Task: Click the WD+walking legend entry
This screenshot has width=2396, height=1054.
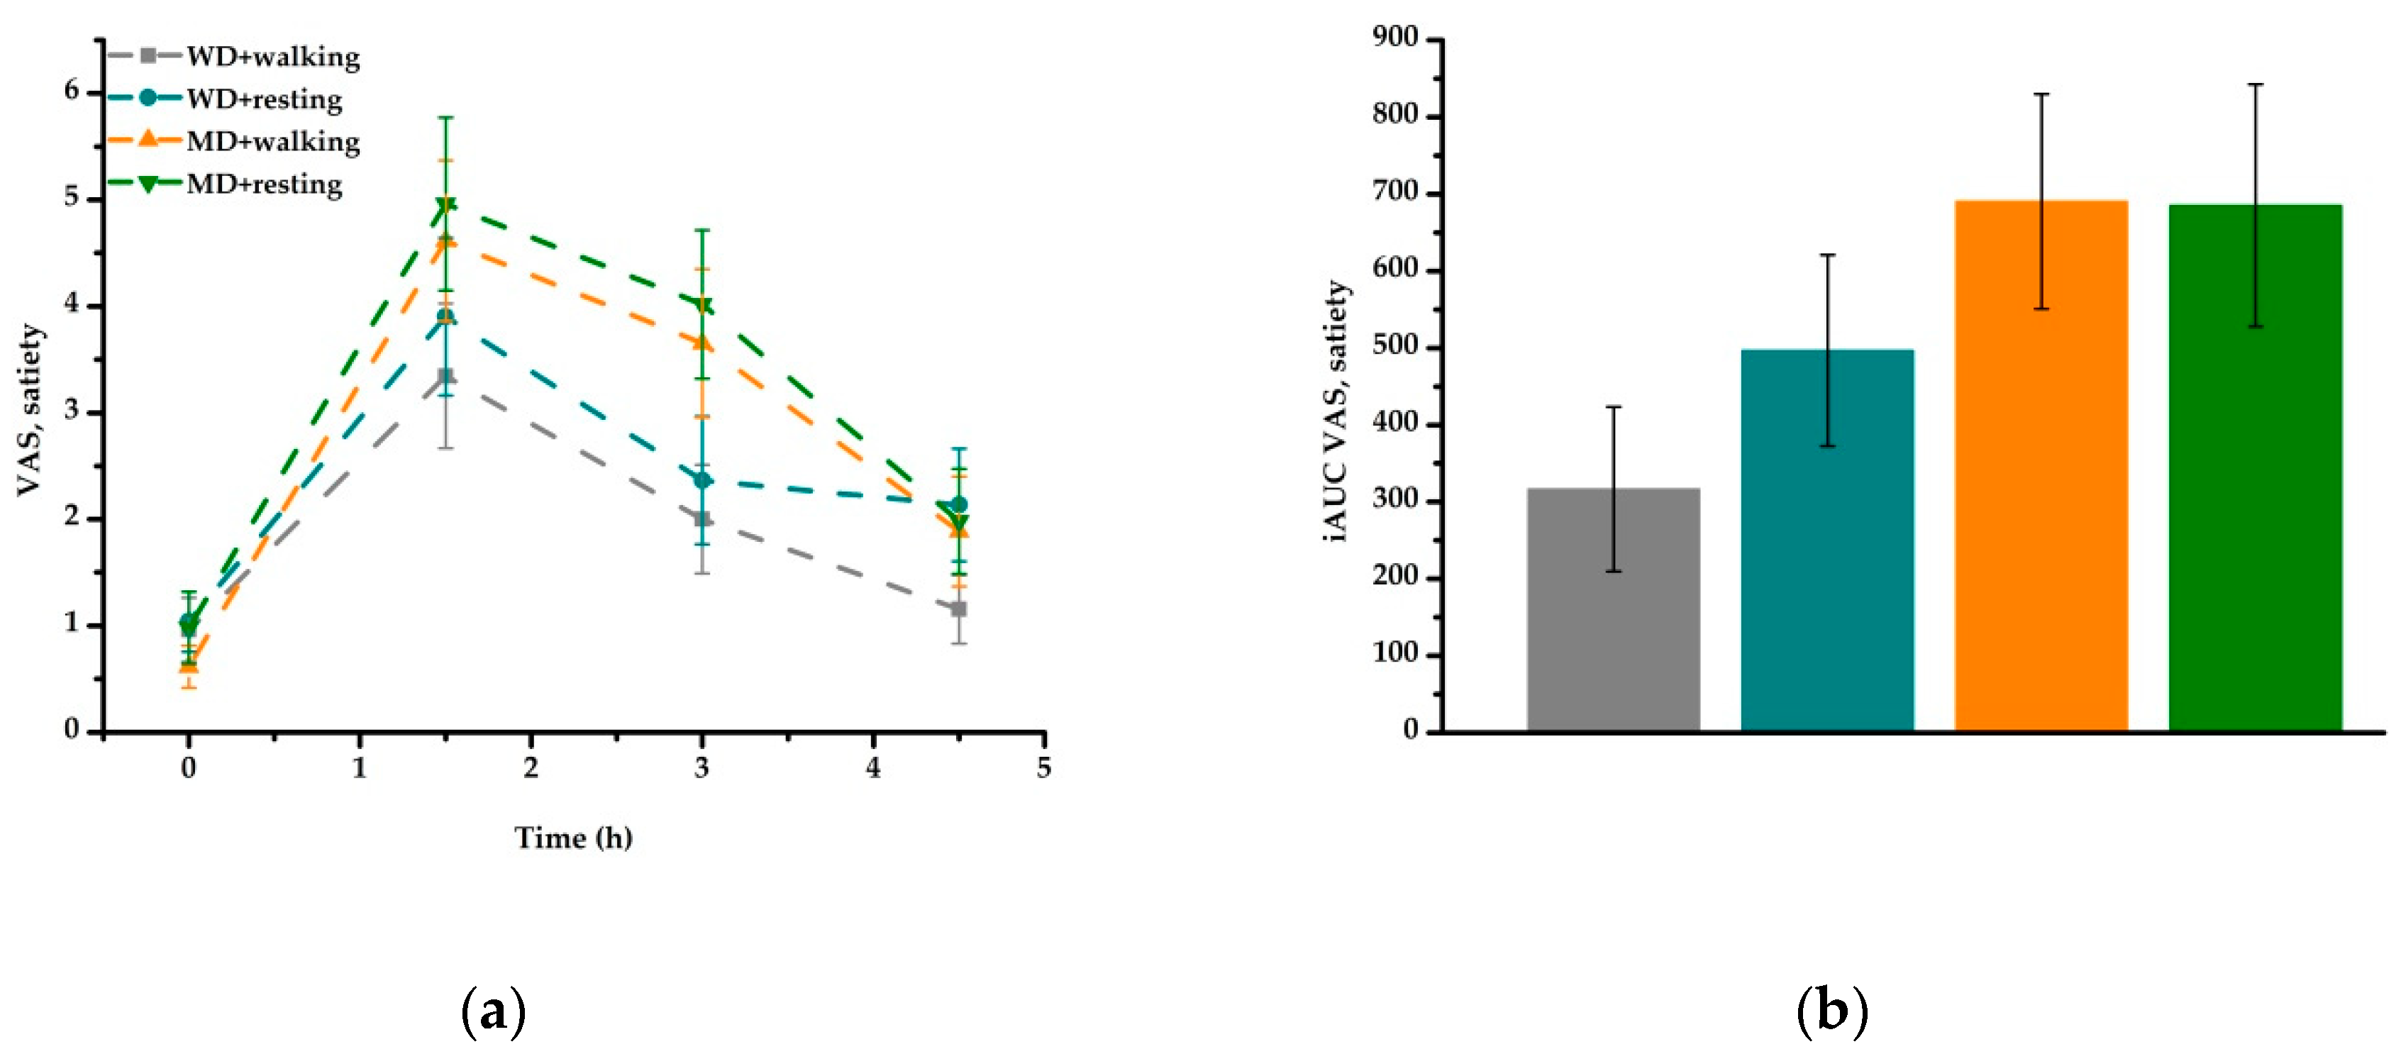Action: [x=272, y=57]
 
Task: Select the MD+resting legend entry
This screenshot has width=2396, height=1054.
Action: [x=263, y=184]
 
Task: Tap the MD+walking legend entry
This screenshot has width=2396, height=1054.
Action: [x=272, y=141]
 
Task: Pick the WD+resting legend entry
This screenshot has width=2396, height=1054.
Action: [x=263, y=99]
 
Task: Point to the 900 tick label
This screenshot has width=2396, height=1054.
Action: [x=1395, y=38]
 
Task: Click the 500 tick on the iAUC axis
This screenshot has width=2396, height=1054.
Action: [x=1395, y=347]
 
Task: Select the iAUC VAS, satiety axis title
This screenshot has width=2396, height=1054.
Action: [x=1336, y=410]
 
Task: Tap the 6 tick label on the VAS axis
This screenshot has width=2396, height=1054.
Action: [x=72, y=91]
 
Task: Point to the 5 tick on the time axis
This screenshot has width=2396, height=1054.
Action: [x=1043, y=768]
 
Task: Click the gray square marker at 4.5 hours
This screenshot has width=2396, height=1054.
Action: [x=958, y=609]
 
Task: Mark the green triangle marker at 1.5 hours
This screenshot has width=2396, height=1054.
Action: [x=445, y=205]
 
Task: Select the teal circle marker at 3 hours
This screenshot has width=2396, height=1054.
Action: [x=703, y=480]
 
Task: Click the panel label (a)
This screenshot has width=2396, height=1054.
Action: [x=493, y=1012]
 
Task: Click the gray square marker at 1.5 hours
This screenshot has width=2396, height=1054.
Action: [x=445, y=376]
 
